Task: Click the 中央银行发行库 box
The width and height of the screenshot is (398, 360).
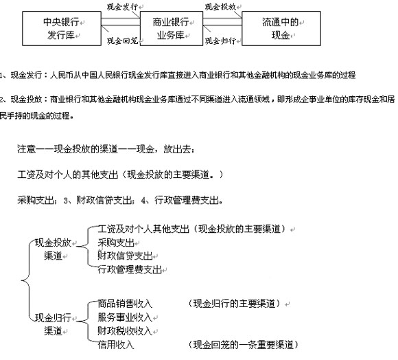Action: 62,28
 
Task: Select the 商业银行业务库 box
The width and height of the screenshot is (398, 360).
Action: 172,28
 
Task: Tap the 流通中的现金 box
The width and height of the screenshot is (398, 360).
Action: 281,28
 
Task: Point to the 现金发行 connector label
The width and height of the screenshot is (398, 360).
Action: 122,7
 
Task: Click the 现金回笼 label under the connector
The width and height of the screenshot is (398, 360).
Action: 122,41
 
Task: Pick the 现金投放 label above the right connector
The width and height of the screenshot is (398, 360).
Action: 220,7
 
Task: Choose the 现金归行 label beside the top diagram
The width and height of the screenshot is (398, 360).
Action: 220,41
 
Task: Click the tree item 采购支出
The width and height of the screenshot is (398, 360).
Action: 116,243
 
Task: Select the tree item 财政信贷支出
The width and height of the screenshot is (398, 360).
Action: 125,256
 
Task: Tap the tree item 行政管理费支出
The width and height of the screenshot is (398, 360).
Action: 130,269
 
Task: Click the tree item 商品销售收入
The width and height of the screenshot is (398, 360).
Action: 125,304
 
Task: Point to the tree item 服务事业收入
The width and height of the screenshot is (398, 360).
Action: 125,317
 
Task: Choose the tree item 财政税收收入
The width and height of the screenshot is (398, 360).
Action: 125,331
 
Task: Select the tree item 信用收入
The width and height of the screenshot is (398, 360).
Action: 116,345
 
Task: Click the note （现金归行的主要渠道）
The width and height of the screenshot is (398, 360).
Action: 234,304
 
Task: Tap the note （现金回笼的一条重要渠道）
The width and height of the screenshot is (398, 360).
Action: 243,345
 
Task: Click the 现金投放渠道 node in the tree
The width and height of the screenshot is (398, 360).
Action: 53,249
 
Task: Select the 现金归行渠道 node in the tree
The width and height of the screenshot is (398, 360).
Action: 53,324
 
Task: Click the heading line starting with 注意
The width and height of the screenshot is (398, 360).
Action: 106,149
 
